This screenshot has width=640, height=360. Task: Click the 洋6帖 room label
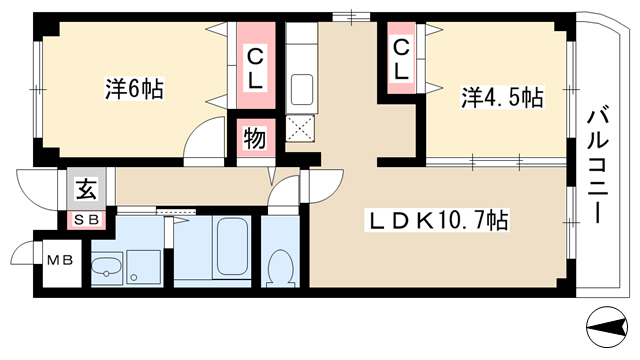[x=135, y=89]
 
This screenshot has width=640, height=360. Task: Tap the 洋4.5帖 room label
[x=502, y=97]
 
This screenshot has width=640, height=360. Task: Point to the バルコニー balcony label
[x=598, y=164]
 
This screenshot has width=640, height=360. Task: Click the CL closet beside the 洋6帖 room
[x=256, y=66]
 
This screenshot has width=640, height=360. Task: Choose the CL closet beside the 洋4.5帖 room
[x=401, y=58]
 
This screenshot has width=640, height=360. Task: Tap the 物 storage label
[x=255, y=138]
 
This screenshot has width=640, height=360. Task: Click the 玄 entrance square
[x=87, y=189]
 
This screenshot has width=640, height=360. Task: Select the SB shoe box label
[x=87, y=220]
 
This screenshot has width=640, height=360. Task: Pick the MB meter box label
[x=60, y=260]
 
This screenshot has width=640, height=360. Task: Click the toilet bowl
[x=280, y=268]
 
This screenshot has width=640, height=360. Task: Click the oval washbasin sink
[x=106, y=267]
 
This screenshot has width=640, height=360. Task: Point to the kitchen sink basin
[x=302, y=89]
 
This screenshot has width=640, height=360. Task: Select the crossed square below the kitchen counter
[x=300, y=128]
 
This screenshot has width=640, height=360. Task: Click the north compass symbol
[x=607, y=327]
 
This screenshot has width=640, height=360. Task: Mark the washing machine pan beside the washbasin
[x=143, y=267]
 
